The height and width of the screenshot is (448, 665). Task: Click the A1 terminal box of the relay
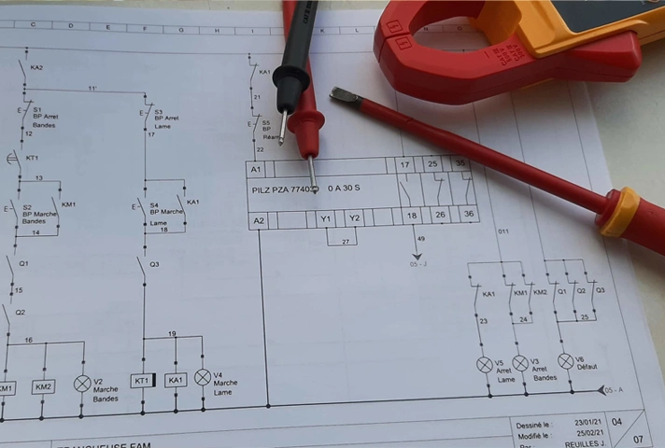tap(257, 169)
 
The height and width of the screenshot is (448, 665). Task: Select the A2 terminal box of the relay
tap(259, 220)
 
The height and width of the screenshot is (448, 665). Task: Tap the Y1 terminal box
tap(326, 219)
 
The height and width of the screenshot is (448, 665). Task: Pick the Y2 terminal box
tap(354, 218)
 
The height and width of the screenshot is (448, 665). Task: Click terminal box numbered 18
tap(412, 216)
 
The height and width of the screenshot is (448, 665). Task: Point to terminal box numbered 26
tap(439, 215)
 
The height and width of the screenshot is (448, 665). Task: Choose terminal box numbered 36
tap(468, 214)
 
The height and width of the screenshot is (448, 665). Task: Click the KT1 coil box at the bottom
tap(143, 381)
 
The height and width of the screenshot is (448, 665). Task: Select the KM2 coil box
tap(43, 385)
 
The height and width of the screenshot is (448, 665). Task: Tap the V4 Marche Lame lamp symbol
tap(203, 377)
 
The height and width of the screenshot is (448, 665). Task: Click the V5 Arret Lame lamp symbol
tap(485, 365)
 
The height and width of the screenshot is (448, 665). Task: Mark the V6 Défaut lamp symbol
tap(565, 360)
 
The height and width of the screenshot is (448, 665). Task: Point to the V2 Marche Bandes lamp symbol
tap(82, 383)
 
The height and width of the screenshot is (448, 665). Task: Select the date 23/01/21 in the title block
tap(587, 423)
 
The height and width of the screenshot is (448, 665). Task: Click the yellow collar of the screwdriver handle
tap(617, 213)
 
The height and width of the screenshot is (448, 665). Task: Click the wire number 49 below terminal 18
tap(420, 240)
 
